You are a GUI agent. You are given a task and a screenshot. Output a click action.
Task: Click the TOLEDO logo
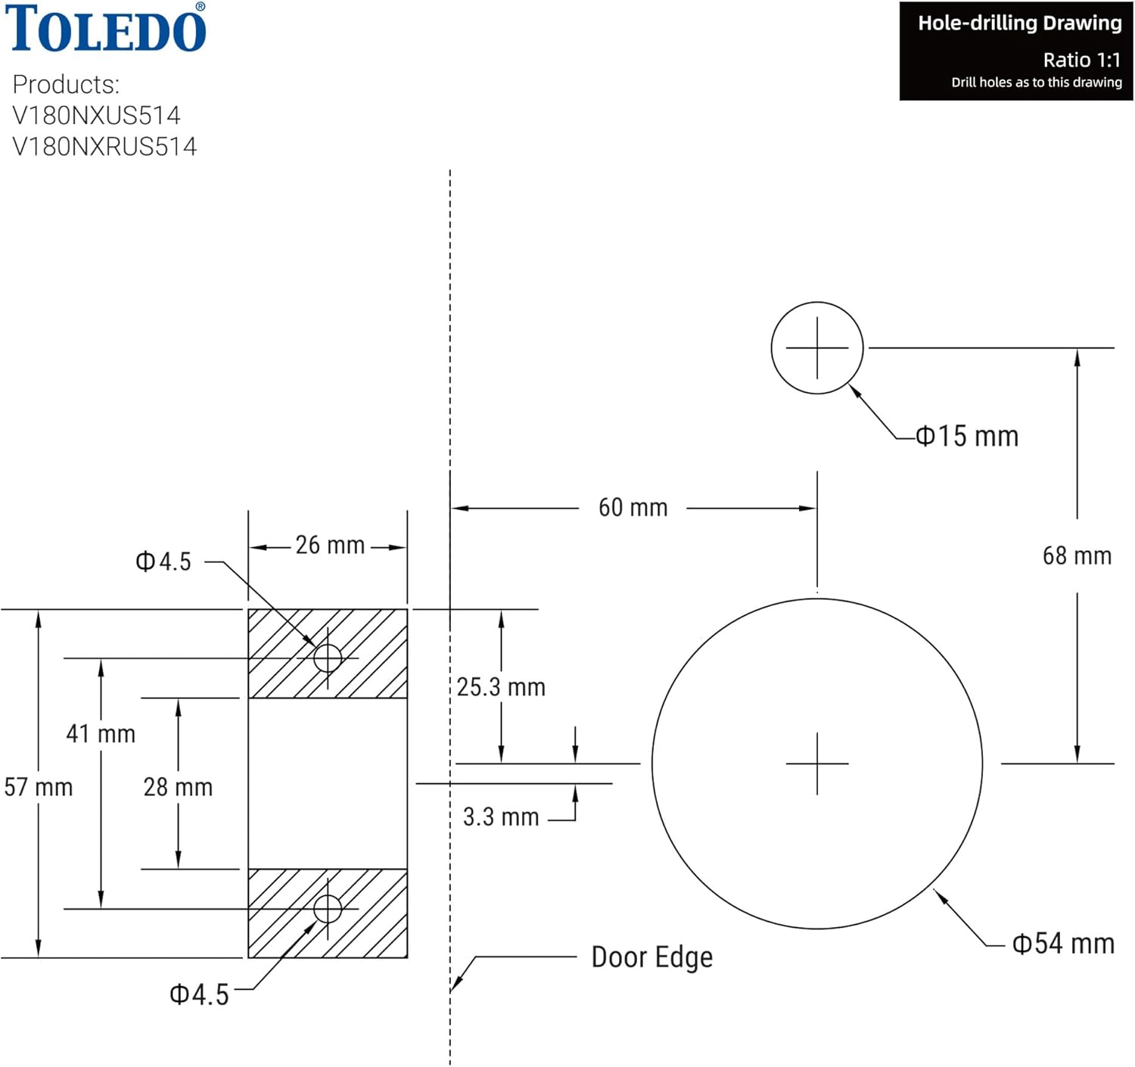(106, 29)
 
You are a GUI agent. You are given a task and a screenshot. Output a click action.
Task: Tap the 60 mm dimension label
(633, 508)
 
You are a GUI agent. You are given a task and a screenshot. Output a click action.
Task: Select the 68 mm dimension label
(1077, 556)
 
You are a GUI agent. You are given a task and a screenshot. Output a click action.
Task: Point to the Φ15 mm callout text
(967, 437)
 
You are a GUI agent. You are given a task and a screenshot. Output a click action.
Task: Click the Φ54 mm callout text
(1063, 944)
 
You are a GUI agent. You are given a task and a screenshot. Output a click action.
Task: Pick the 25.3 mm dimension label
(501, 687)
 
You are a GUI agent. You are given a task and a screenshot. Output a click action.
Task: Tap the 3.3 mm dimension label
(501, 817)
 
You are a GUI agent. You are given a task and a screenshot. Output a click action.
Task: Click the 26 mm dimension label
(330, 545)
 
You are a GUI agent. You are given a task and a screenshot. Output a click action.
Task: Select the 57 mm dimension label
(38, 787)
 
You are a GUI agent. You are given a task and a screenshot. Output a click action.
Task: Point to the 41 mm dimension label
(101, 733)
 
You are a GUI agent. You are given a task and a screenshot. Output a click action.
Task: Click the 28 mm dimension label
(178, 787)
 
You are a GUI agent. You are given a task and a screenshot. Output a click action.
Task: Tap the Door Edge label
(651, 957)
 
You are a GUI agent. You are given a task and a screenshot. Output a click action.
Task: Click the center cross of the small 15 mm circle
(817, 348)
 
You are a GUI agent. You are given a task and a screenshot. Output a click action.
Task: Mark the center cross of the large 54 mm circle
(817, 764)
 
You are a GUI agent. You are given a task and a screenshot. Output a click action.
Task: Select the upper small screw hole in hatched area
(328, 658)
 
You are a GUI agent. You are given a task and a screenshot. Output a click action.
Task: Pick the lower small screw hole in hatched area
(328, 908)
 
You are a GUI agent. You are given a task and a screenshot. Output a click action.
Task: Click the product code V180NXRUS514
(104, 146)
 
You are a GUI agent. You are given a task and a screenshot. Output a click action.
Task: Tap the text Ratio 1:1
(1081, 60)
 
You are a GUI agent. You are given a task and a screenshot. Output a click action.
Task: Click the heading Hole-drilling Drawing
(1019, 23)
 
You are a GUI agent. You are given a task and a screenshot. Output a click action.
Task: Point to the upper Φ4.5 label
(163, 561)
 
